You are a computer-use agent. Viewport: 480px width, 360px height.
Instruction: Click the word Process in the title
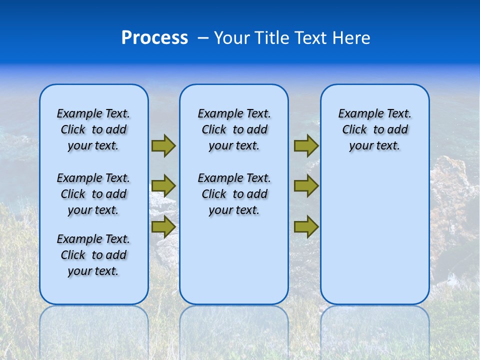coord(154,37)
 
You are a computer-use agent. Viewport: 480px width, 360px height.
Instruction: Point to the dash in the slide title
coord(202,38)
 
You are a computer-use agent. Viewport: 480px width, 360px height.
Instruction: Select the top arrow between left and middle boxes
coord(163,145)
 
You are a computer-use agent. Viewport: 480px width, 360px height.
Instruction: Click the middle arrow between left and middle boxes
coord(163,186)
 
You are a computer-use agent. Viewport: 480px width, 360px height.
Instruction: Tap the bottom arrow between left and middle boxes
coord(163,227)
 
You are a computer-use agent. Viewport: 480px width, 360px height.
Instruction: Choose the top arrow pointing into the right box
coord(306,145)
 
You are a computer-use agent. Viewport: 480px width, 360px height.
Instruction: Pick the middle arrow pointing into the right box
coord(306,186)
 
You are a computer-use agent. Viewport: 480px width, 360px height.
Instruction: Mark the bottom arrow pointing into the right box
coord(306,227)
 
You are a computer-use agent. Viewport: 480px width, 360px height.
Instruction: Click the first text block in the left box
coord(93,129)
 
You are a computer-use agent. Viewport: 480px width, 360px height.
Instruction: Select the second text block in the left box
coord(93,194)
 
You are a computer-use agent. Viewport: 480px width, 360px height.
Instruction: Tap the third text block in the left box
coord(93,255)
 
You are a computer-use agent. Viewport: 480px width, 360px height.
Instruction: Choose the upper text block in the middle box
coord(234,129)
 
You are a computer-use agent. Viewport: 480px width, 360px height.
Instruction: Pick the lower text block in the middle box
coord(234,194)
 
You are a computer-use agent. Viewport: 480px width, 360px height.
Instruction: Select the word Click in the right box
coord(354,130)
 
